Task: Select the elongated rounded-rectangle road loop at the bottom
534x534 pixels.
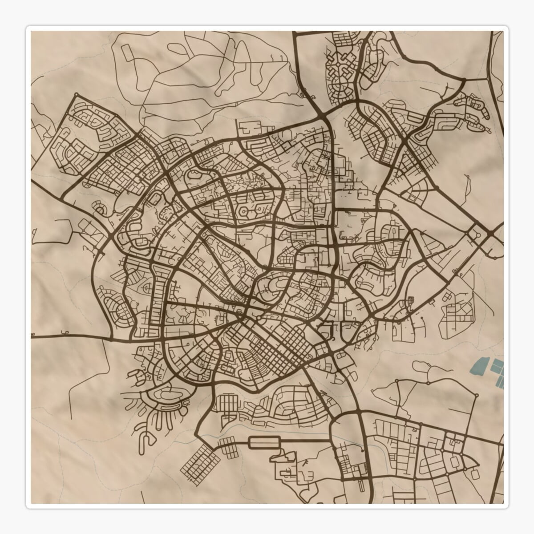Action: click(264, 442)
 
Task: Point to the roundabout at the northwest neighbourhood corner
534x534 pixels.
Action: click(76, 94)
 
